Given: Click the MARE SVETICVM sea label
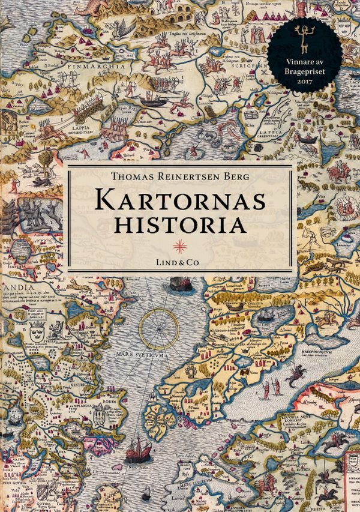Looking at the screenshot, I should [157, 353].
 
